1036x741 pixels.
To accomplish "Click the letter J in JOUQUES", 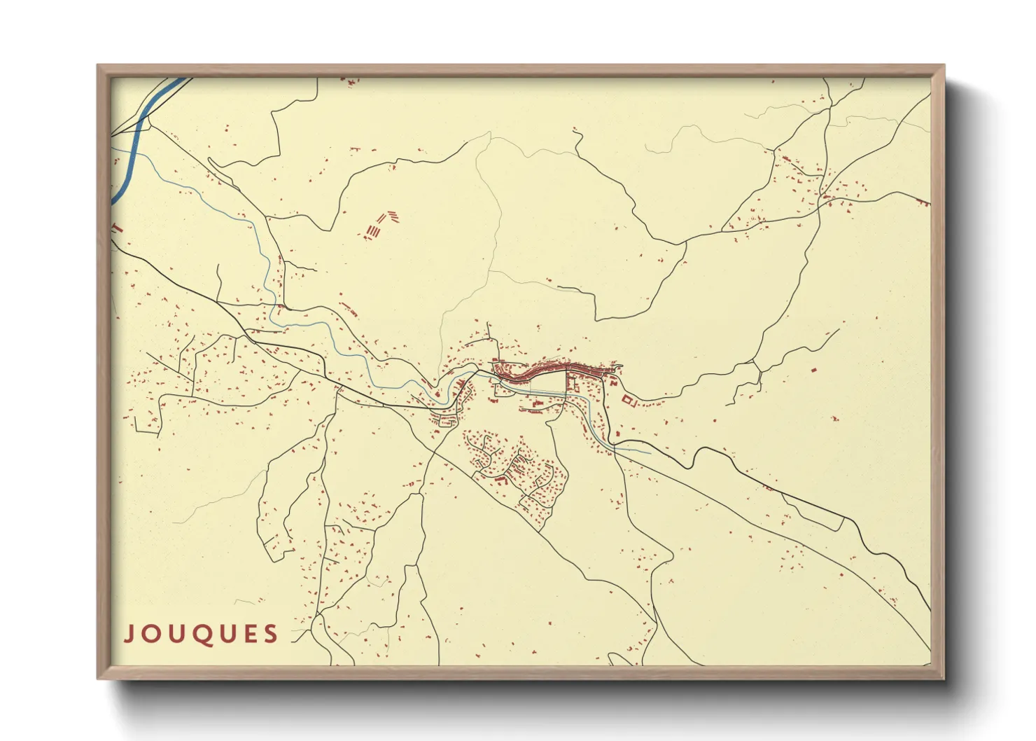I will (x=129, y=634).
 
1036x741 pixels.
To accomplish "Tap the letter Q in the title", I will (x=202, y=635).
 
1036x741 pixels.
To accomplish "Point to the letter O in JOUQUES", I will (x=153, y=635).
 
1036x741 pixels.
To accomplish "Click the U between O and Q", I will (x=177, y=635).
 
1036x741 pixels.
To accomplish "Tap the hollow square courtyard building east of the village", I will (x=627, y=400).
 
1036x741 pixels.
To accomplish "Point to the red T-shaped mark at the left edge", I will (x=117, y=227).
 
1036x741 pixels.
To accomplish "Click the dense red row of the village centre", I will (x=553, y=369).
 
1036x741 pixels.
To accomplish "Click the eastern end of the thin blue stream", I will (x=650, y=452).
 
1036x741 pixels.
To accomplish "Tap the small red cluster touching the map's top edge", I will (x=349, y=81).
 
